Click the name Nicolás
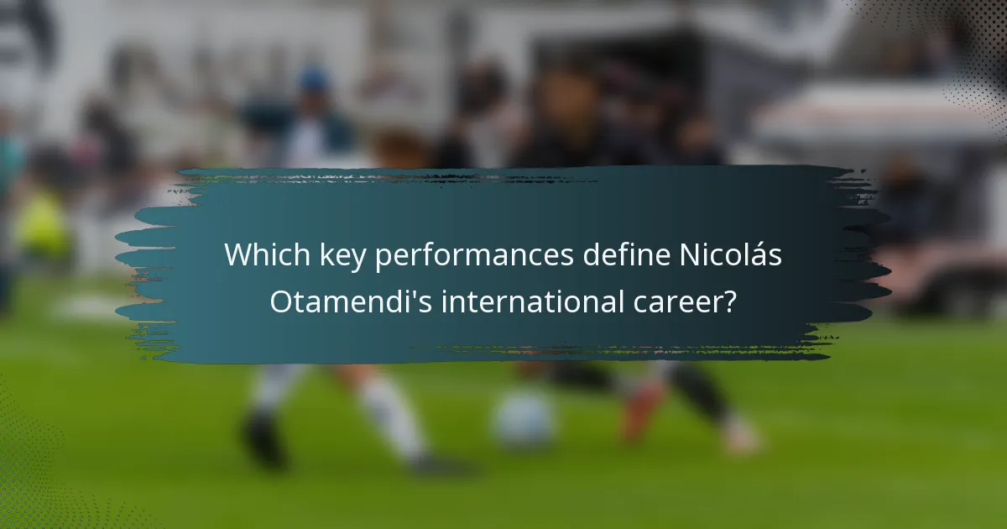729,255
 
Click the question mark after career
731,301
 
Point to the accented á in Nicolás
759,255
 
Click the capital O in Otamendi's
282,301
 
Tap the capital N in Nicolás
688,255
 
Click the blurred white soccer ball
524,417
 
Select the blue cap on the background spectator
315,80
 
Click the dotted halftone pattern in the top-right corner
965,50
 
